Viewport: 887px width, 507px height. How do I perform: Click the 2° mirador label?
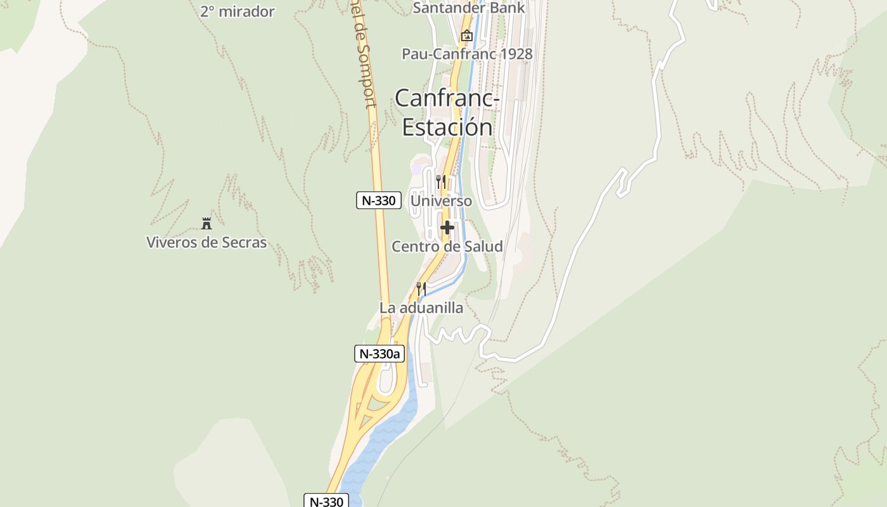(237, 11)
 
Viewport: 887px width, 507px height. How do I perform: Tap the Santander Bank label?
(468, 8)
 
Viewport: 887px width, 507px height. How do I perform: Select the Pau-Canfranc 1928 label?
(467, 54)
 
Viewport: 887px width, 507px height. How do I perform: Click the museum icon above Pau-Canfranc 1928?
(467, 35)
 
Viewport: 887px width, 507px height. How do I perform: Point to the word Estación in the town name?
(447, 127)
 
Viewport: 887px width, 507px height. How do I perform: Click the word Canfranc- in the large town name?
(447, 98)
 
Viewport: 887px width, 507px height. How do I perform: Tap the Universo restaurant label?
(441, 201)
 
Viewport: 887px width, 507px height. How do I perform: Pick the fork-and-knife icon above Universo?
(441, 181)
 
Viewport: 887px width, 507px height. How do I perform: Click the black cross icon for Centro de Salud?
(447, 228)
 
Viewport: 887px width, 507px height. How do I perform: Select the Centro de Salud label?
(447, 247)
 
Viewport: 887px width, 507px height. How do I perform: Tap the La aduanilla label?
(421, 308)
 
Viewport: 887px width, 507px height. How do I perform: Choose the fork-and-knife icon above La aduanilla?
(421, 288)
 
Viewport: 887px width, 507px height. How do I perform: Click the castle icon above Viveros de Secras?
(206, 223)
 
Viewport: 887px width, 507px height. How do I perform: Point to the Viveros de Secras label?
(207, 242)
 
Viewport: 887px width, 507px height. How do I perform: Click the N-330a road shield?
(380, 354)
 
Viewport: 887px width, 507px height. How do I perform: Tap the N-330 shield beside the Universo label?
(379, 201)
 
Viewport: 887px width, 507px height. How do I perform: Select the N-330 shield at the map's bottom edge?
(327, 501)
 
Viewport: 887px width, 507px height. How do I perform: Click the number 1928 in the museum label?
(515, 54)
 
